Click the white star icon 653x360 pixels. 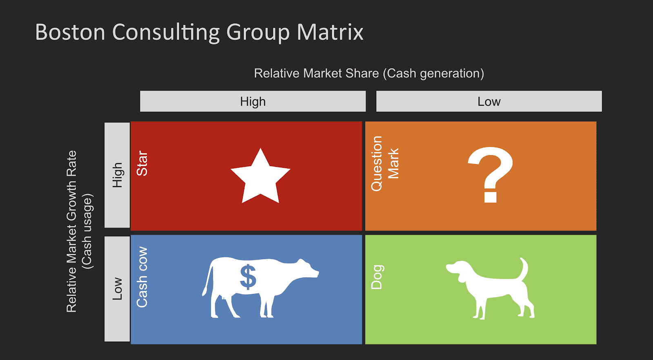point(260,178)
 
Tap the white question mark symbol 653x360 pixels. point(490,173)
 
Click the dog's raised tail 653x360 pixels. point(524,269)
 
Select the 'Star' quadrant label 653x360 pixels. point(142,163)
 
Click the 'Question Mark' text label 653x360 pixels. point(384,163)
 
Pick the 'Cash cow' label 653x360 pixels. point(142,277)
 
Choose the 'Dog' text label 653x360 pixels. point(376,277)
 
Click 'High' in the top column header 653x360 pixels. point(253,101)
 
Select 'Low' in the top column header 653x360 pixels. point(489,101)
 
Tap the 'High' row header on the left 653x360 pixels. point(117,175)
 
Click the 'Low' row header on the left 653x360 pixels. point(117,289)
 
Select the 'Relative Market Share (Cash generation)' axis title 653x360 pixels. point(369,73)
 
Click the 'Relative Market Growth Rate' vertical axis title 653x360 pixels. point(71,231)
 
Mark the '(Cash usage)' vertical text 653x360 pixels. point(87,231)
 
